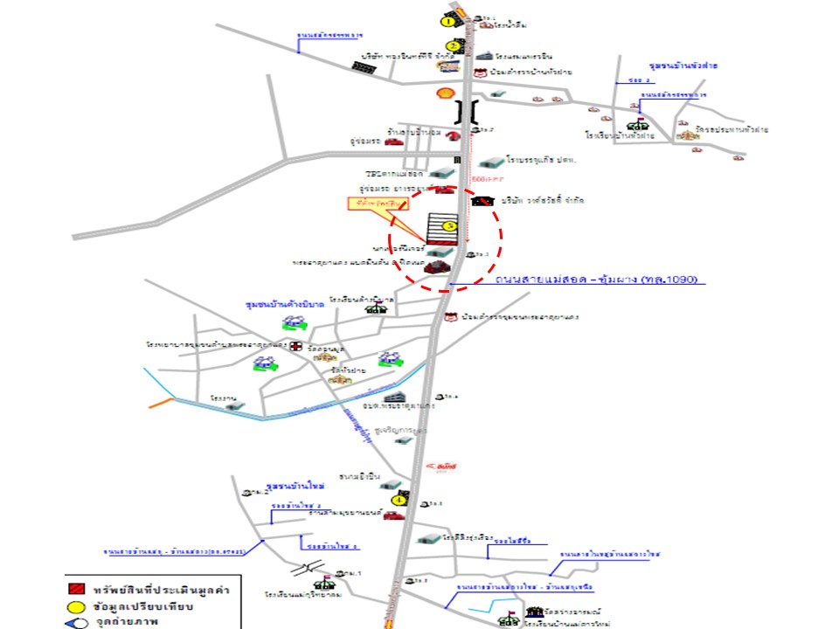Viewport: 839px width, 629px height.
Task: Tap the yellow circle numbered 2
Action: (453, 46)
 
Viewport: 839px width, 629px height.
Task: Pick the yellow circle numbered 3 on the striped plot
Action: (450, 225)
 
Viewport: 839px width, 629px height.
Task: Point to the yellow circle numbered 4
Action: (399, 500)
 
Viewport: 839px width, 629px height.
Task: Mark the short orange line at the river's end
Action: (161, 403)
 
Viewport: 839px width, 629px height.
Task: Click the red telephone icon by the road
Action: (452, 135)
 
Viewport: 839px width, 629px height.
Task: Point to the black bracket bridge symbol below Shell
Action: (469, 111)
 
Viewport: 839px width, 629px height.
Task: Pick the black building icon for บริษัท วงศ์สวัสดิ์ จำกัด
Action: (480, 201)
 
